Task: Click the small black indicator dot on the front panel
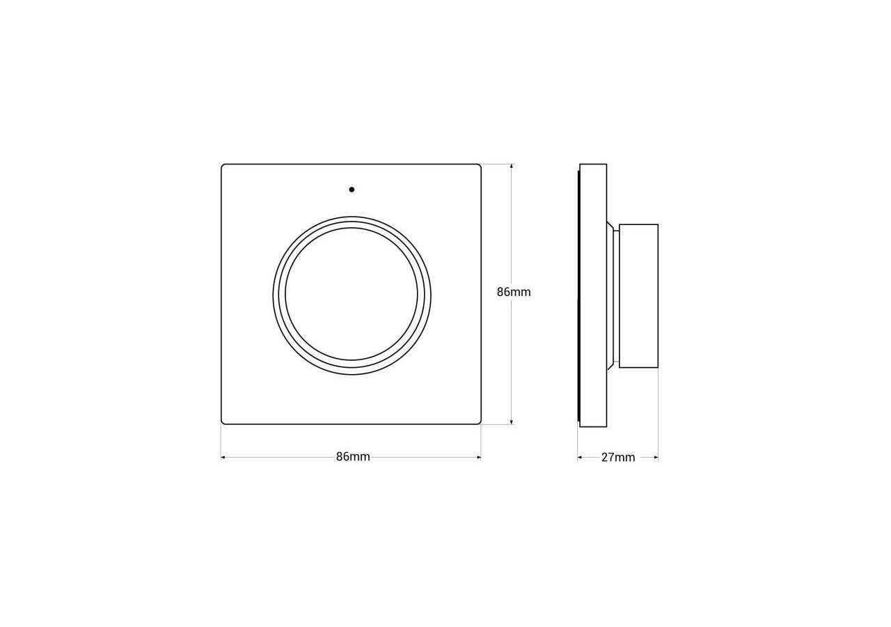point(352,189)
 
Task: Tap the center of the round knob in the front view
point(352,295)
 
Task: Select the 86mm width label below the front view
point(353,457)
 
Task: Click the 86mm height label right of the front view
point(514,292)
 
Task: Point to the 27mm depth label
point(618,458)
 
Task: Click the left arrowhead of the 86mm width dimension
point(223,458)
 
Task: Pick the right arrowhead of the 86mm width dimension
point(479,458)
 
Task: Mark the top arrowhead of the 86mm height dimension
point(512,167)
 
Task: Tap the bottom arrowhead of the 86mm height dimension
point(512,421)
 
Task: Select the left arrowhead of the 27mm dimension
point(579,458)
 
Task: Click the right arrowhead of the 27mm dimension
point(656,458)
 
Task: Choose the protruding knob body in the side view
point(638,296)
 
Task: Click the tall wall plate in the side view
point(593,295)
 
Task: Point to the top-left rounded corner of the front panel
point(223,167)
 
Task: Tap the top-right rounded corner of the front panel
point(479,167)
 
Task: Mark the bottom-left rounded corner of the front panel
point(223,421)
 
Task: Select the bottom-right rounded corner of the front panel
point(479,421)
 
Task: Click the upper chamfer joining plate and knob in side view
point(610,226)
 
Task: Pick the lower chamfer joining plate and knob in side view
point(610,365)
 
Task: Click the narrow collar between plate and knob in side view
point(616,296)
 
